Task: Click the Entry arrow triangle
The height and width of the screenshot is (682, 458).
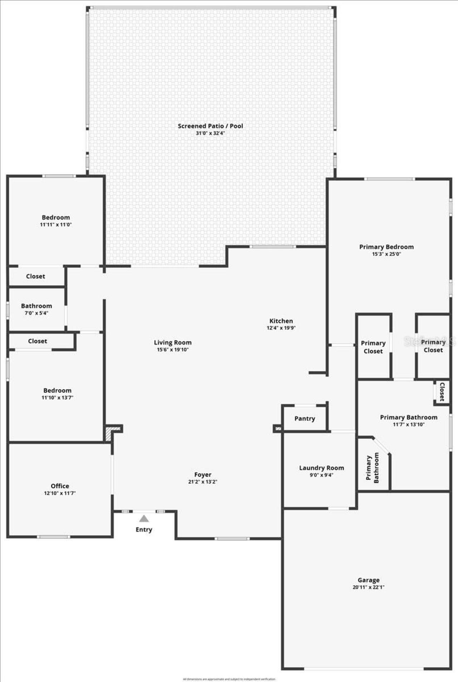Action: pos(144,518)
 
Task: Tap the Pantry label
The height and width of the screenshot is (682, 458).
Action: pos(304,418)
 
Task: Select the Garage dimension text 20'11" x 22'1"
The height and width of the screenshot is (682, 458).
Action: pos(368,587)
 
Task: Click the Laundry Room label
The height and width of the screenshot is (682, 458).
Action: pos(321,468)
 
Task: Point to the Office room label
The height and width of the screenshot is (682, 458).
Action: pos(60,486)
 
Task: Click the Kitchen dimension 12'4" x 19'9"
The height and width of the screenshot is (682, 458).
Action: pos(281,328)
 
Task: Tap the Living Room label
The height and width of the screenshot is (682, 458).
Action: pos(172,342)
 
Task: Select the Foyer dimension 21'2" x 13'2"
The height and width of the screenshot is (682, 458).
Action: pos(203,482)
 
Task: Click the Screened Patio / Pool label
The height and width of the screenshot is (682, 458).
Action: pos(210,126)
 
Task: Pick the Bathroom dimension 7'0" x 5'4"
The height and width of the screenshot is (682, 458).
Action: pos(36,313)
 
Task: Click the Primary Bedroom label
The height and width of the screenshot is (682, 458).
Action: pos(386,247)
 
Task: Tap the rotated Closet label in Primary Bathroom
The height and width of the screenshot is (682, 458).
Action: pos(442,391)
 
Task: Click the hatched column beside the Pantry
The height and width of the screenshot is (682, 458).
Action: pos(278,428)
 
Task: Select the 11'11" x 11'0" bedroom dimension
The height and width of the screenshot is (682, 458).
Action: pos(56,225)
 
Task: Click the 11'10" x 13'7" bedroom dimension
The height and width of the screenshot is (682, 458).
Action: pos(57,398)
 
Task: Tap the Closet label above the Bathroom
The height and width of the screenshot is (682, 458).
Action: pos(35,276)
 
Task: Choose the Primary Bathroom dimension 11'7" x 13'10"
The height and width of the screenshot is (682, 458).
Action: pos(409,424)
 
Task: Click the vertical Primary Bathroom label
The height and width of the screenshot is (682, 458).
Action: pos(372,468)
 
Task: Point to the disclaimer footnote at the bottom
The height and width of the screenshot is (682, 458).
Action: pos(229,679)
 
